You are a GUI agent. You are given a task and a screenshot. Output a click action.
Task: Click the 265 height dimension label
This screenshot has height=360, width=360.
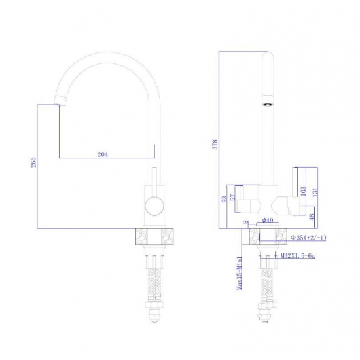(33, 162)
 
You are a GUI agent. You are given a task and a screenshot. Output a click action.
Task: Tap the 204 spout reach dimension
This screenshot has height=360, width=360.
(103, 154)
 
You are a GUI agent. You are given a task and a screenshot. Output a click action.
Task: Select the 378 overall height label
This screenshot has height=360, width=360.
(215, 145)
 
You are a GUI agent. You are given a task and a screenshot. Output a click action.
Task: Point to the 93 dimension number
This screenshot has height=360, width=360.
(225, 198)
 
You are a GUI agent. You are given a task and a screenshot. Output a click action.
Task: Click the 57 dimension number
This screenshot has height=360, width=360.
(233, 197)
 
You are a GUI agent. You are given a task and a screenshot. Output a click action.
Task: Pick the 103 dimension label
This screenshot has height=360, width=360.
(303, 191)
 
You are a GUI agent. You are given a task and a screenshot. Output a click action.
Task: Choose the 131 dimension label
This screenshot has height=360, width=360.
(315, 192)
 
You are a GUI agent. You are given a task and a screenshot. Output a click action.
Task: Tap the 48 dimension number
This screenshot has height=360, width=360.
(312, 217)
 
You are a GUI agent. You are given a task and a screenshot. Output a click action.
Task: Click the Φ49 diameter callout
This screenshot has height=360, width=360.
(268, 220)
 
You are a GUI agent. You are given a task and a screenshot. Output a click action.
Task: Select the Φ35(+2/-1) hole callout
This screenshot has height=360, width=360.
(308, 238)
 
